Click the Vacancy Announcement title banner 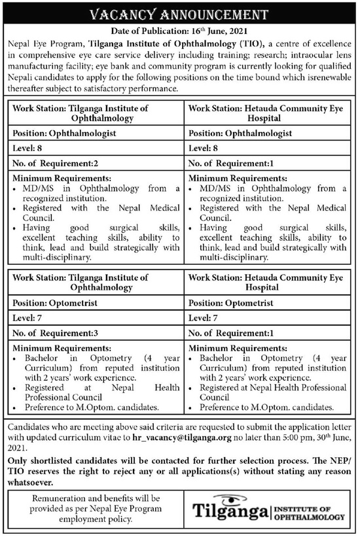[179, 14]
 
